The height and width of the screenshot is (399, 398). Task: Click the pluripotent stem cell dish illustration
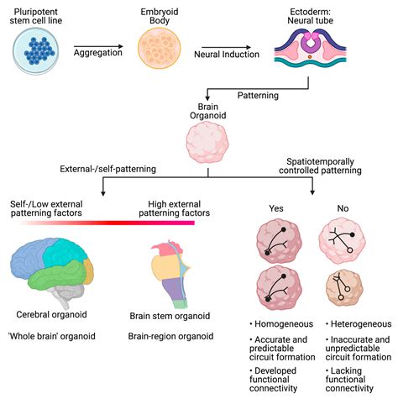coord(36,50)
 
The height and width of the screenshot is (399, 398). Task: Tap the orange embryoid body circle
coord(160,48)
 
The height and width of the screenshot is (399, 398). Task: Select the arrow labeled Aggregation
coord(98,46)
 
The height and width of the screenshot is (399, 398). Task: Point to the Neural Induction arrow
coord(227,47)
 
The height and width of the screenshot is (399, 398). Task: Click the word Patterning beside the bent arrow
coord(258,96)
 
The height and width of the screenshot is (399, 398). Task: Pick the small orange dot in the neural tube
coord(310,57)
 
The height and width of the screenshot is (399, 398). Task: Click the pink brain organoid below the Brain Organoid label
coord(207,143)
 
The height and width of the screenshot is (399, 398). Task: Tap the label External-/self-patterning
coord(108,169)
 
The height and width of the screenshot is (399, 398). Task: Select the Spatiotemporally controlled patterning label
coord(320,166)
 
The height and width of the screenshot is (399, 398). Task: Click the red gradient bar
coord(107,223)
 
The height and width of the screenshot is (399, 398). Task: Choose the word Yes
coord(276,208)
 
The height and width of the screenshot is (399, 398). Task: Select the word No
coord(343,208)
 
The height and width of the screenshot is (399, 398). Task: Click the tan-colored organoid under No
coord(344,289)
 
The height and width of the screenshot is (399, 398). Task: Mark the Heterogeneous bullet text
coord(359,324)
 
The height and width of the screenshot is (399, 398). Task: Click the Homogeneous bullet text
coord(281,324)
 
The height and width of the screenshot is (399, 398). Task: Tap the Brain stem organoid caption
coord(170,316)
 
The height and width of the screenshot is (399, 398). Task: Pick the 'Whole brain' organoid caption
coord(52,336)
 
